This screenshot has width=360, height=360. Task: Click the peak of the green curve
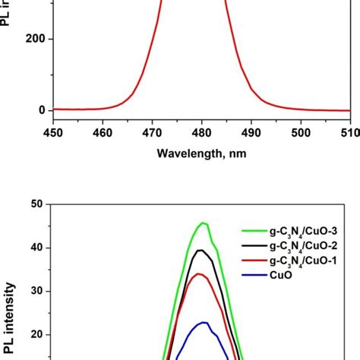coord(203,223)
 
